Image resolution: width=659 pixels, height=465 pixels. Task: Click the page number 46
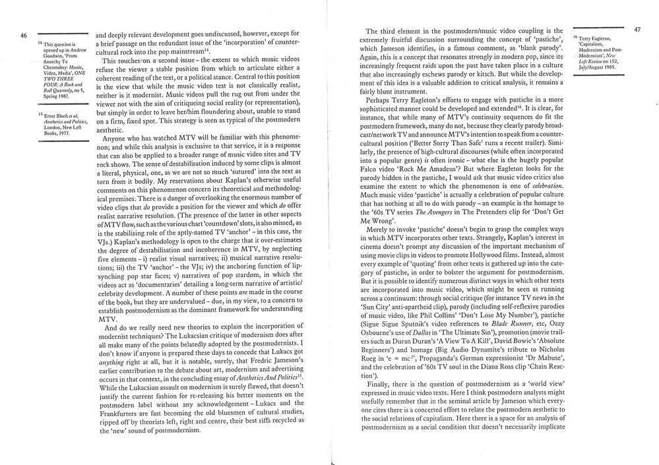[x=23, y=36]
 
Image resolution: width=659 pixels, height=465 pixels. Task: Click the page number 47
[x=637, y=30]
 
